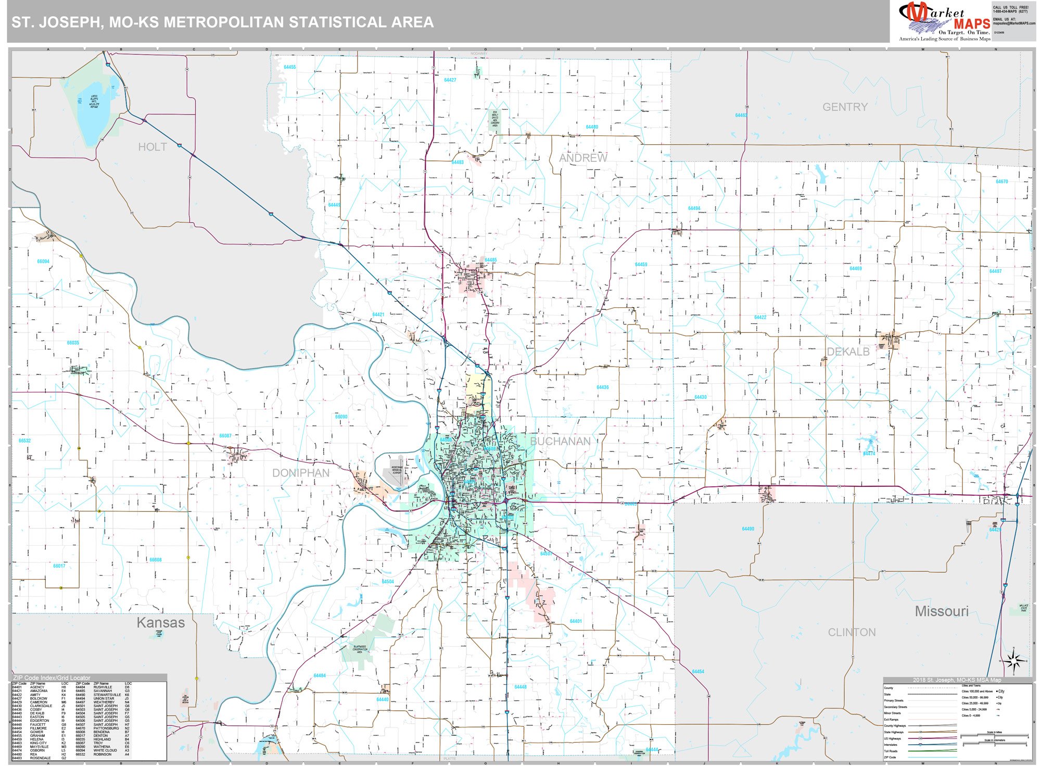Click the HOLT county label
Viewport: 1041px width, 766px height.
pos(153,147)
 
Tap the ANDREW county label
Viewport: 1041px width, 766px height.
pos(583,158)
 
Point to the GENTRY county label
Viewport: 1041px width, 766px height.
pos(845,107)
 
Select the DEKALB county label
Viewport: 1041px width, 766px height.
pos(848,352)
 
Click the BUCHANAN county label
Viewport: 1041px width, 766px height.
pos(560,441)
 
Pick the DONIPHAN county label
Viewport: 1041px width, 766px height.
pos(301,473)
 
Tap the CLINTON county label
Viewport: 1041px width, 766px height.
pos(852,632)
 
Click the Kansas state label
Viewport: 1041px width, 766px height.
pos(160,622)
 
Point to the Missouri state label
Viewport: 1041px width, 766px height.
pos(942,611)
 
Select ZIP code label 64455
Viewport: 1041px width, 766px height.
pos(290,67)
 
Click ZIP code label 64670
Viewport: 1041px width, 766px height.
pos(1001,182)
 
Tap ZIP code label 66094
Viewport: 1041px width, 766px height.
pos(43,261)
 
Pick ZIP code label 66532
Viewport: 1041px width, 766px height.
pos(24,441)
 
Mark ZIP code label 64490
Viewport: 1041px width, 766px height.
pos(748,529)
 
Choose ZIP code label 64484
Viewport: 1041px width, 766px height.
pos(320,675)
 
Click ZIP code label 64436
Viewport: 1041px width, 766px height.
pos(603,387)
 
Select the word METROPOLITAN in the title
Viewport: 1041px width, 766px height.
pos(224,22)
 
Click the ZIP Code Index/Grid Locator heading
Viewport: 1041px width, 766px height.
pos(52,678)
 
